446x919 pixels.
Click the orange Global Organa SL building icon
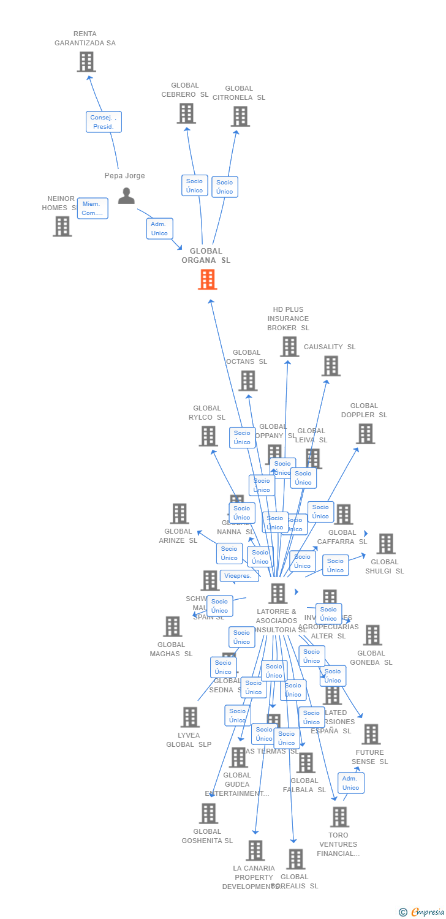pos(208,279)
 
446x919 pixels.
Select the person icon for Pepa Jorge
pos(126,196)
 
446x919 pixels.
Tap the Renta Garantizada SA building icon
pos(86,62)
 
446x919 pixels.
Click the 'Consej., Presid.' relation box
pos(104,122)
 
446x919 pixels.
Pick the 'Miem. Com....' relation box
pos(93,208)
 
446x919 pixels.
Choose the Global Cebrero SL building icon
pos(186,113)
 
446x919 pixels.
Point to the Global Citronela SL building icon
pos(240,116)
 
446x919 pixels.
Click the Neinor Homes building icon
pos(62,226)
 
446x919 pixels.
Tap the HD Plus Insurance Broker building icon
pos(289,347)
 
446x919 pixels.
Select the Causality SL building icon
pos(331,366)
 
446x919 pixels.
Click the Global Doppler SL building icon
pos(365,434)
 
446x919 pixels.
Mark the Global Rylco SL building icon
pos(208,436)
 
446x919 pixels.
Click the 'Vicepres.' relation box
pos(238,576)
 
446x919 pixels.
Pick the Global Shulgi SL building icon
pos(385,543)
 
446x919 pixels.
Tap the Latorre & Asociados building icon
pos(278,593)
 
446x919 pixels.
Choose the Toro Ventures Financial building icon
pos(339,817)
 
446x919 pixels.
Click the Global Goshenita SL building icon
pos(208,814)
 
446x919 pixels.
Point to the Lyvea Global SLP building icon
pos(190,717)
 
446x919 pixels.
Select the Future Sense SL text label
pos(369,757)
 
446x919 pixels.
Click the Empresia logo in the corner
pos(423,912)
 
